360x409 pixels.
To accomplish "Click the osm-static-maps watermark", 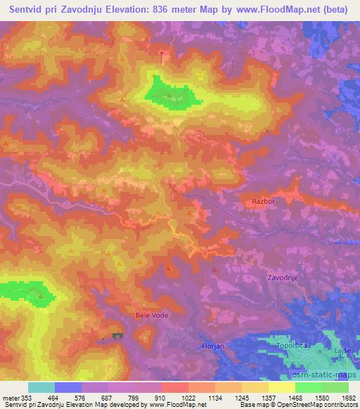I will (328, 376).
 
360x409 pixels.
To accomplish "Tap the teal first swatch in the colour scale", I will (41, 387).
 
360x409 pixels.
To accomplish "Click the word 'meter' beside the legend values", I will (10, 397).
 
